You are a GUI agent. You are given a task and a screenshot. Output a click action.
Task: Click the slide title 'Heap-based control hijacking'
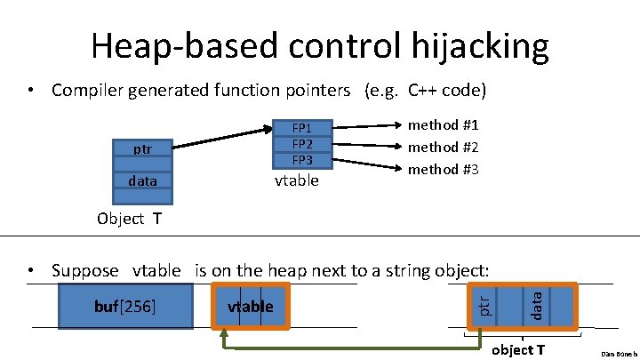(319, 44)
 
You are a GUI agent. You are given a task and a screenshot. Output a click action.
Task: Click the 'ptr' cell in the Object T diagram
(142, 149)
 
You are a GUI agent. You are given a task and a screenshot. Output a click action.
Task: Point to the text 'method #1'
(443, 125)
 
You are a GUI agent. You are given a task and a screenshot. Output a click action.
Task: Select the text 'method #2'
(443, 147)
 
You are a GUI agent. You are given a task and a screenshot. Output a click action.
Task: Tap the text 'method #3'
(443, 169)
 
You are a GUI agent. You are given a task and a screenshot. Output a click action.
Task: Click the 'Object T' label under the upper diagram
(129, 219)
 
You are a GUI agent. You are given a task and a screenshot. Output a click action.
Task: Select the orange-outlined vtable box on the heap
(251, 307)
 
